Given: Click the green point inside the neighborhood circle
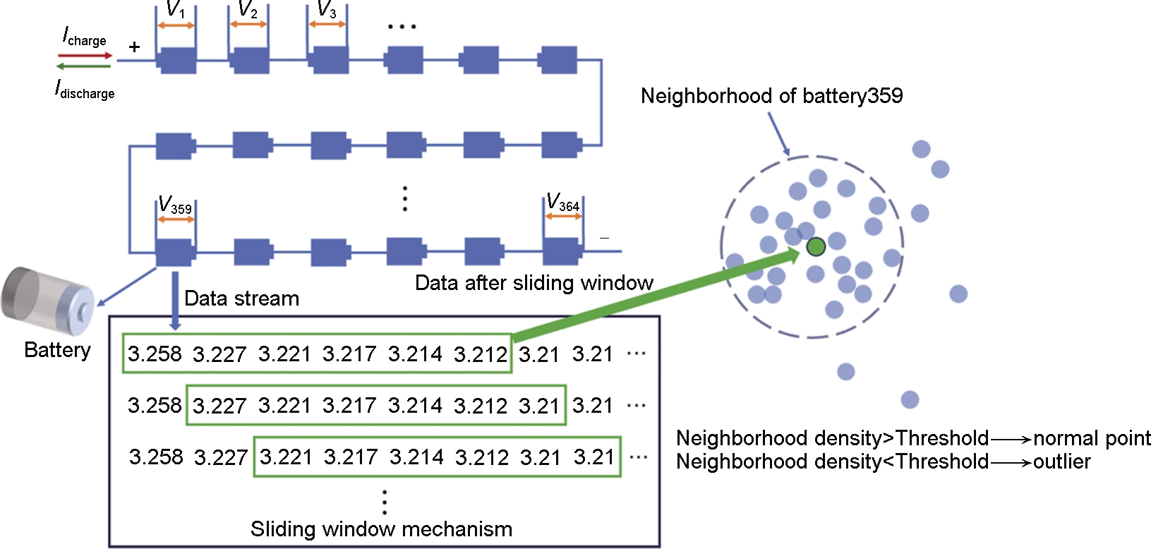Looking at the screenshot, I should [x=816, y=246].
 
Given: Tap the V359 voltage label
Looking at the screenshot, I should [x=174, y=205].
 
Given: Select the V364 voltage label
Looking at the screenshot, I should [x=562, y=203].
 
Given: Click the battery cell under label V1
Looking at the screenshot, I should [x=176, y=61].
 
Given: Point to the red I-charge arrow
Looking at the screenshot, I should [x=85, y=55].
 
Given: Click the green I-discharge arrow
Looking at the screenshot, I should [x=84, y=66].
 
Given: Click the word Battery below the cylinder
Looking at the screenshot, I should [x=57, y=350].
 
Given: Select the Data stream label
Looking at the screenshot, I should [x=241, y=298].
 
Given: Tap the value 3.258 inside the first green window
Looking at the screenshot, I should [x=155, y=354].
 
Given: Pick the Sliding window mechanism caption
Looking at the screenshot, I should [x=381, y=529].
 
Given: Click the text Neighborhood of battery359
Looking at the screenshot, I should [x=771, y=96].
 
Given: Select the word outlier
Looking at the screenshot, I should [x=1061, y=461].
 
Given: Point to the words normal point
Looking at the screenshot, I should [x=1092, y=438].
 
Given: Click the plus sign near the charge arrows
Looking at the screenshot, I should [x=134, y=47].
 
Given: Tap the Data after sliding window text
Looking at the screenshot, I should [x=534, y=283].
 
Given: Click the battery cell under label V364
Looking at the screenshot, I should [x=562, y=251].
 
